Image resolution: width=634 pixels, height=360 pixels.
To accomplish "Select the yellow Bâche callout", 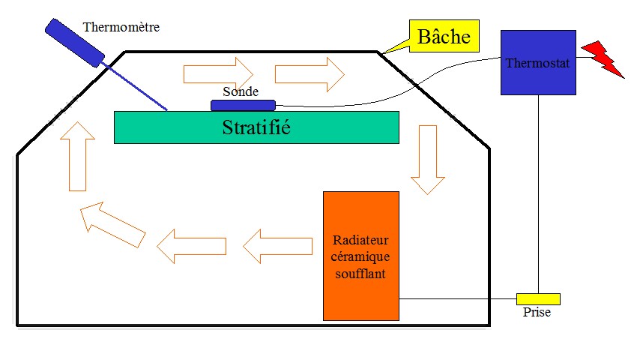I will [444, 36].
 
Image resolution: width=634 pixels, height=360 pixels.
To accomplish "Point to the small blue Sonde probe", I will [244, 105].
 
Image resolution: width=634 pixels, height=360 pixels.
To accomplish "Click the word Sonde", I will [241, 91].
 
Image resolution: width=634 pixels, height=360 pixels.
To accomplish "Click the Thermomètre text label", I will [121, 28].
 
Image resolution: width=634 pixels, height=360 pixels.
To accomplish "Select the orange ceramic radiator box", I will [360, 255].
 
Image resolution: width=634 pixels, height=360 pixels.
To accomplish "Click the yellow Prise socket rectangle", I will [538, 298].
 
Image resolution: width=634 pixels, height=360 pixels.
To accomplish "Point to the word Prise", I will [537, 312].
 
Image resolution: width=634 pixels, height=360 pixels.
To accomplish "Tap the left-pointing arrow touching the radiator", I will [277, 245].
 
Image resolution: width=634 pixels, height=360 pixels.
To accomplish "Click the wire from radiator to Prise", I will [457, 298].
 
